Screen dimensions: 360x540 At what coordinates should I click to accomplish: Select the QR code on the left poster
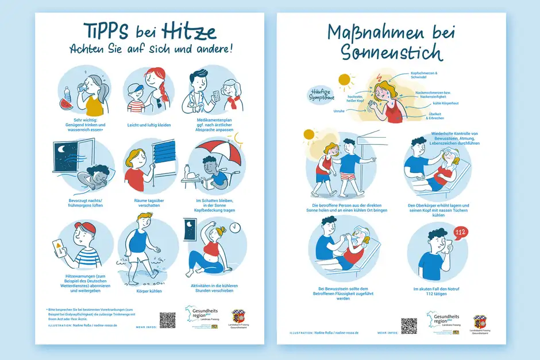click(167, 320)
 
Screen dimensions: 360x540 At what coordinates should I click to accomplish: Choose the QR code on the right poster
click(408, 326)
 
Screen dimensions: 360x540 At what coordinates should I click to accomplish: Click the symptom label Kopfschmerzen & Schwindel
click(425, 75)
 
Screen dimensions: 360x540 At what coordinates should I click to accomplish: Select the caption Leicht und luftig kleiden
click(149, 125)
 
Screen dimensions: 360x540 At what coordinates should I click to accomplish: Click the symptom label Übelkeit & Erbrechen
click(436, 116)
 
